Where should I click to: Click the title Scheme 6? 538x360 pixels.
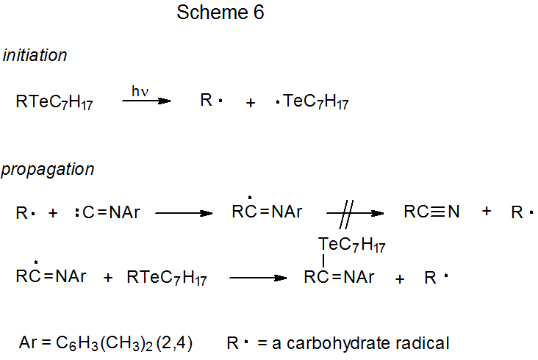220,13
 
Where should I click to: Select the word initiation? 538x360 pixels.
35,55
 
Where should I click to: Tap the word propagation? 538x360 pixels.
48,170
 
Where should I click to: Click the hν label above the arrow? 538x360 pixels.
140,90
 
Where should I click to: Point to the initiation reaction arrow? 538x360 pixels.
146,101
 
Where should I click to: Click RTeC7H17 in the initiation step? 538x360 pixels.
54,102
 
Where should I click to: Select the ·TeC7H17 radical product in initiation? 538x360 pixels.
312,102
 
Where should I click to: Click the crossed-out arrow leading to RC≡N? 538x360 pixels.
355,213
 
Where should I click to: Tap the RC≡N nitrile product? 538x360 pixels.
431,212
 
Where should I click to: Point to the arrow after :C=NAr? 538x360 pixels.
183,213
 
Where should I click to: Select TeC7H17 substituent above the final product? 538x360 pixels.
352,243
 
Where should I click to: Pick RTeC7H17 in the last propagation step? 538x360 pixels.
167,278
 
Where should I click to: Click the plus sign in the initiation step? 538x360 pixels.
251,103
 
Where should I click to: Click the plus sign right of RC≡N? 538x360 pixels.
486,212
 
